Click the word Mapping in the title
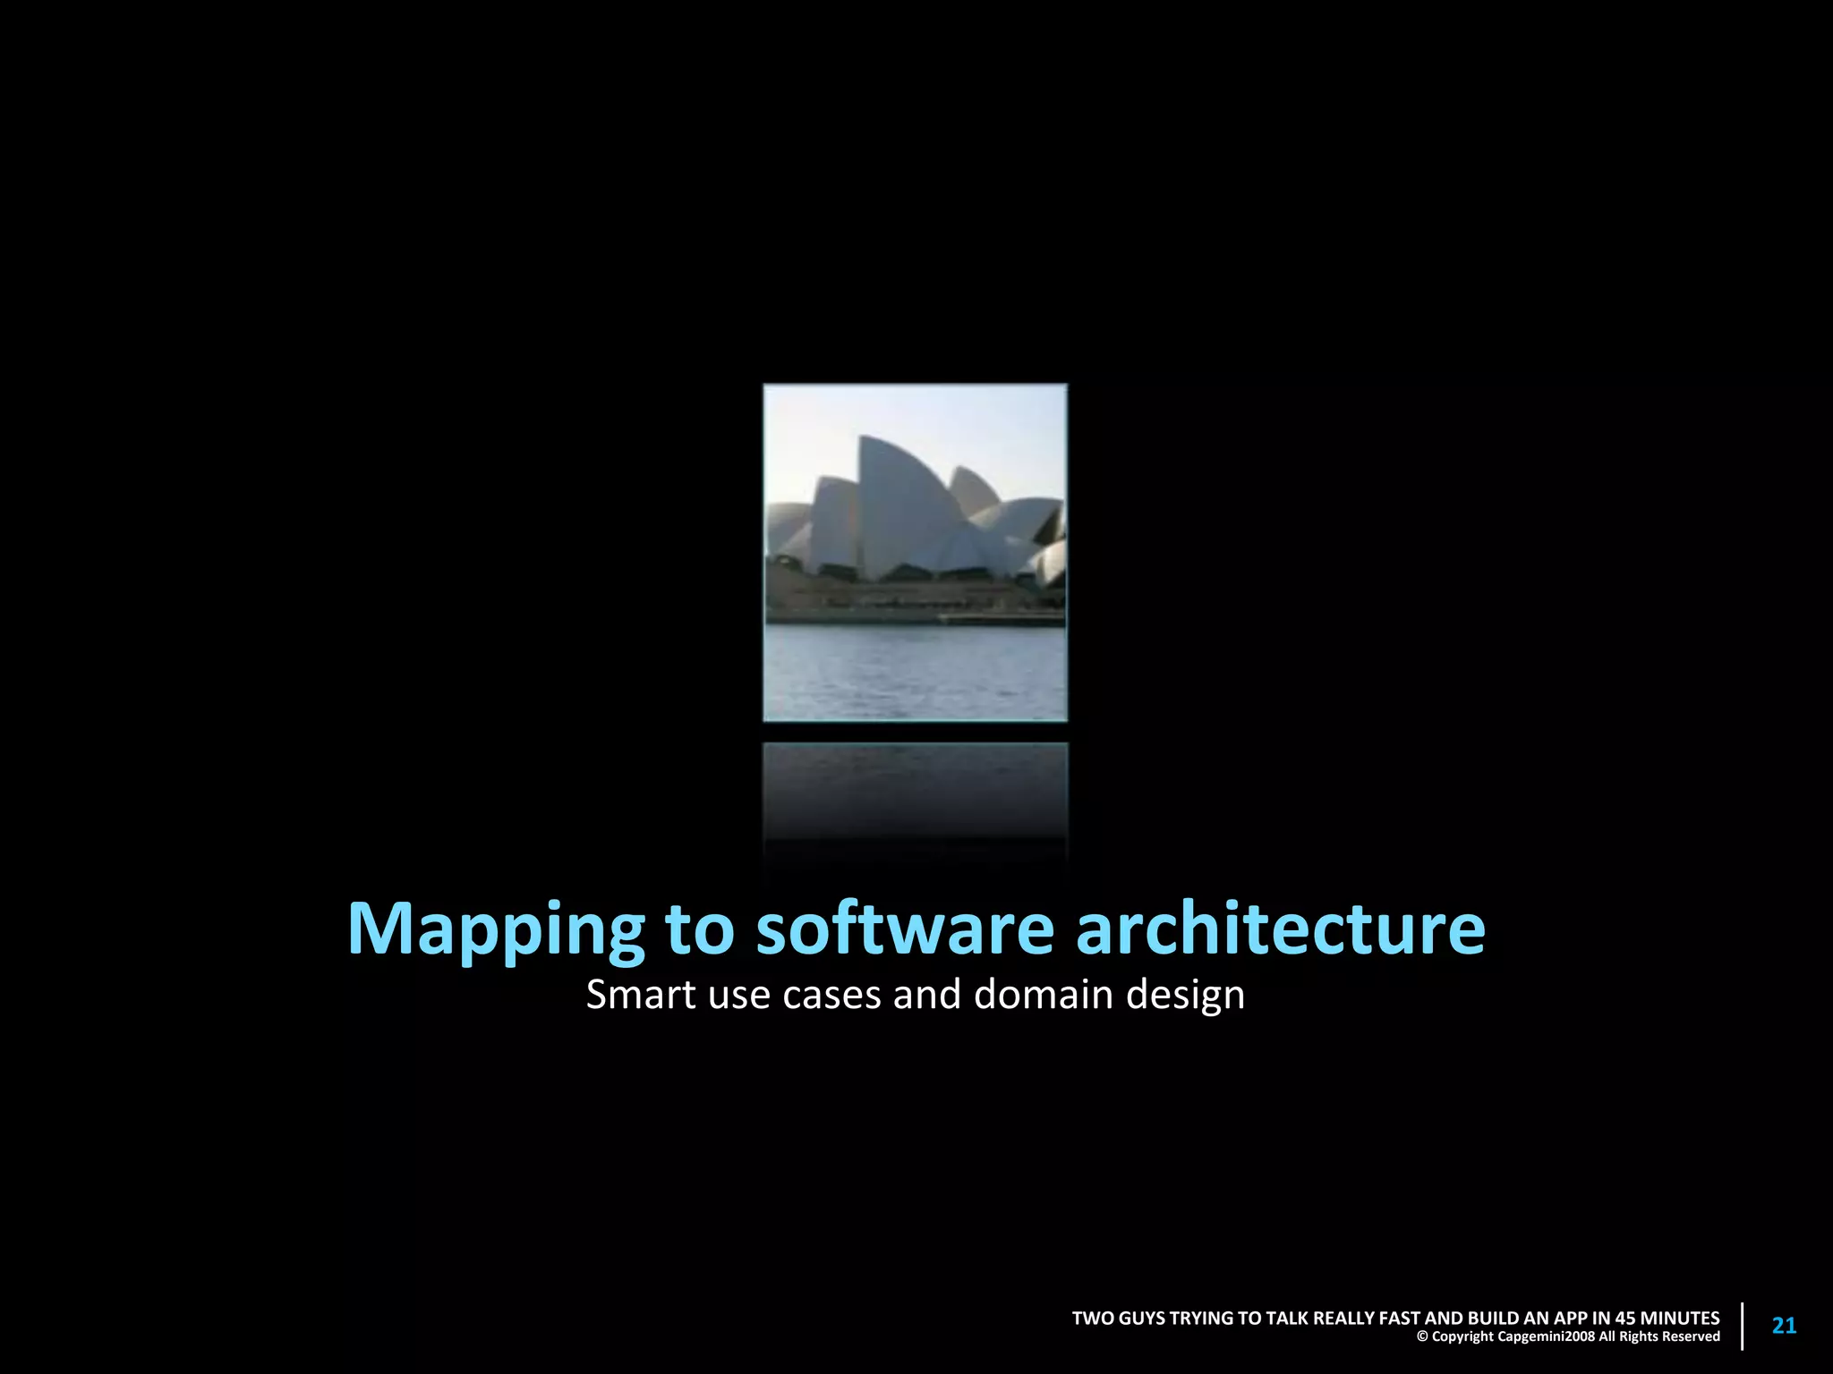495,931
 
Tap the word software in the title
905,929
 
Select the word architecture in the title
1281,929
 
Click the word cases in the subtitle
831,996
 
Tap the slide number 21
1784,1326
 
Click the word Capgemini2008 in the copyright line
1546,1336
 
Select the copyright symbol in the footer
1422,1337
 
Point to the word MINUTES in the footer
1680,1318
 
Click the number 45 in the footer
1625,1318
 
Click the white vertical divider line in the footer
1742,1327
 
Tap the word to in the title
700,929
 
